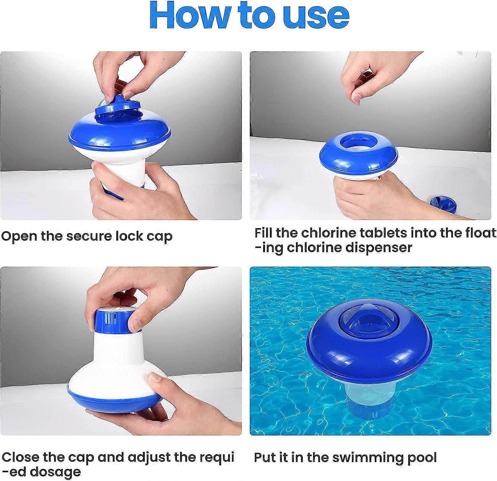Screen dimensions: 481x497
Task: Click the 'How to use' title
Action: [x=249, y=16]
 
